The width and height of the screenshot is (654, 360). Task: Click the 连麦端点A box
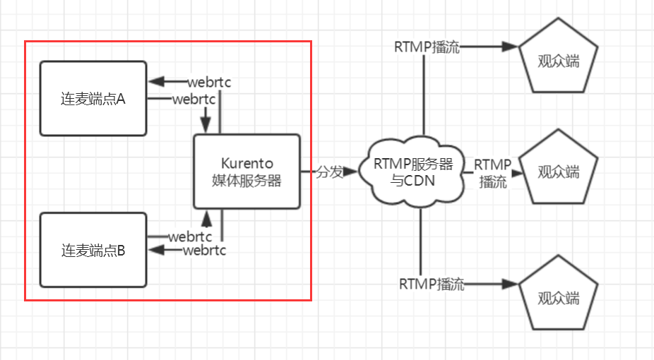93,98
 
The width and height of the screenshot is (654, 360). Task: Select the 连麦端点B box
93,250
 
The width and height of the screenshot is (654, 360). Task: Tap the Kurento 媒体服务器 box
247,171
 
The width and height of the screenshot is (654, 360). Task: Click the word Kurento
247,162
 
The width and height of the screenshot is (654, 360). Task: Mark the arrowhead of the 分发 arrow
351,172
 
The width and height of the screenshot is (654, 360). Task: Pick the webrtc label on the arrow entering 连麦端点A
210,82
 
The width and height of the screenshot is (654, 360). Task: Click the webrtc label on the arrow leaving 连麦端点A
194,99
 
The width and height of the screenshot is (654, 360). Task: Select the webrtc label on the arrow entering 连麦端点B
204,250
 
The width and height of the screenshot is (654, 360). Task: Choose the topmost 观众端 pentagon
559,61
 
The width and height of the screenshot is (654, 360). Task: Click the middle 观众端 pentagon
559,172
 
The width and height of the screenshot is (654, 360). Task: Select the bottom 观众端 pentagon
559,297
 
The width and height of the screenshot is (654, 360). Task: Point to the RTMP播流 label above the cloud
427,48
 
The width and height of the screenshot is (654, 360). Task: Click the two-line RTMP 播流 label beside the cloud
492,173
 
